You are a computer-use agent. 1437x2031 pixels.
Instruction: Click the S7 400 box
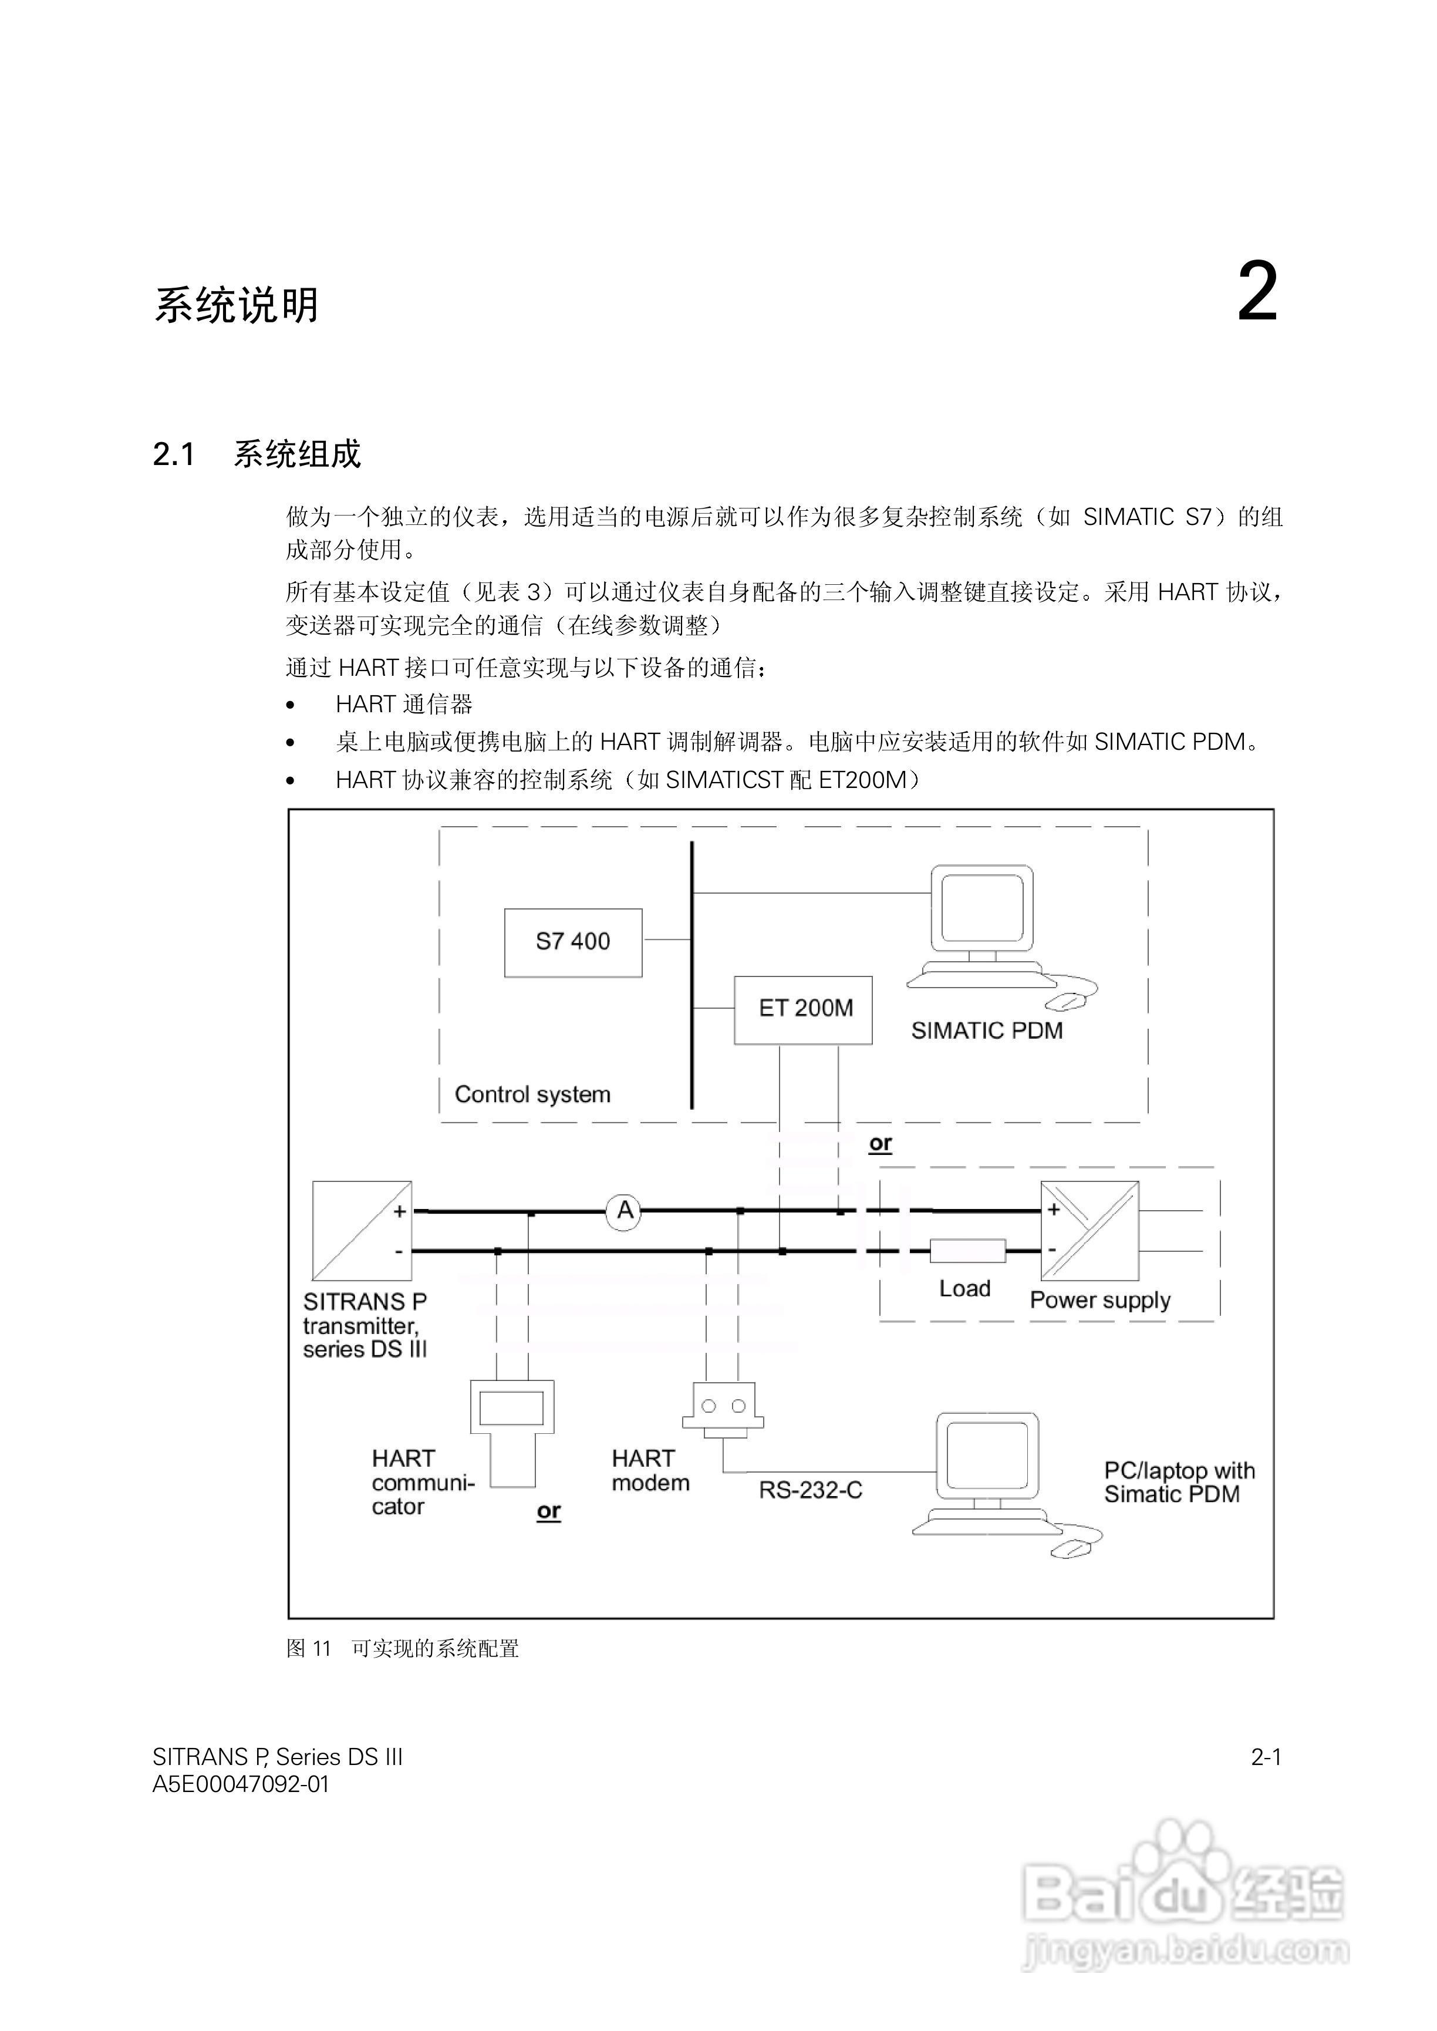[572, 942]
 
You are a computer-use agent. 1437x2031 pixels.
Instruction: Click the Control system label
[532, 1094]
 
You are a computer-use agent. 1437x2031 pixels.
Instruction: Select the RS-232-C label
[809, 1490]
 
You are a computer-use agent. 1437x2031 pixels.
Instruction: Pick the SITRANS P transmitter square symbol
[362, 1230]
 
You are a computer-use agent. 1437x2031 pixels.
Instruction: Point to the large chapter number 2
[1256, 293]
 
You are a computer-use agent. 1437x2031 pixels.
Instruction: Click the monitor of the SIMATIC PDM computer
[982, 907]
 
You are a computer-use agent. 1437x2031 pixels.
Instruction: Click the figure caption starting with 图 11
[403, 1648]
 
